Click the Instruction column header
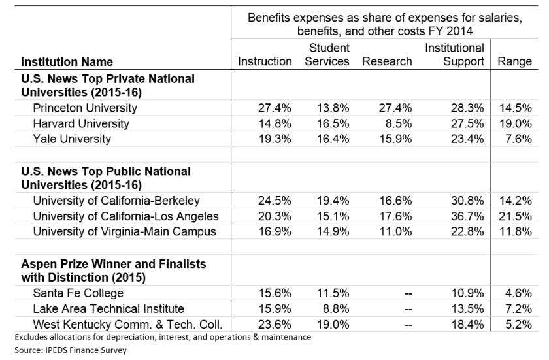tap(265, 62)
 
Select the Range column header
tap(514, 62)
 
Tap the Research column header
tap(387, 62)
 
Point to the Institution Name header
tap(67, 63)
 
